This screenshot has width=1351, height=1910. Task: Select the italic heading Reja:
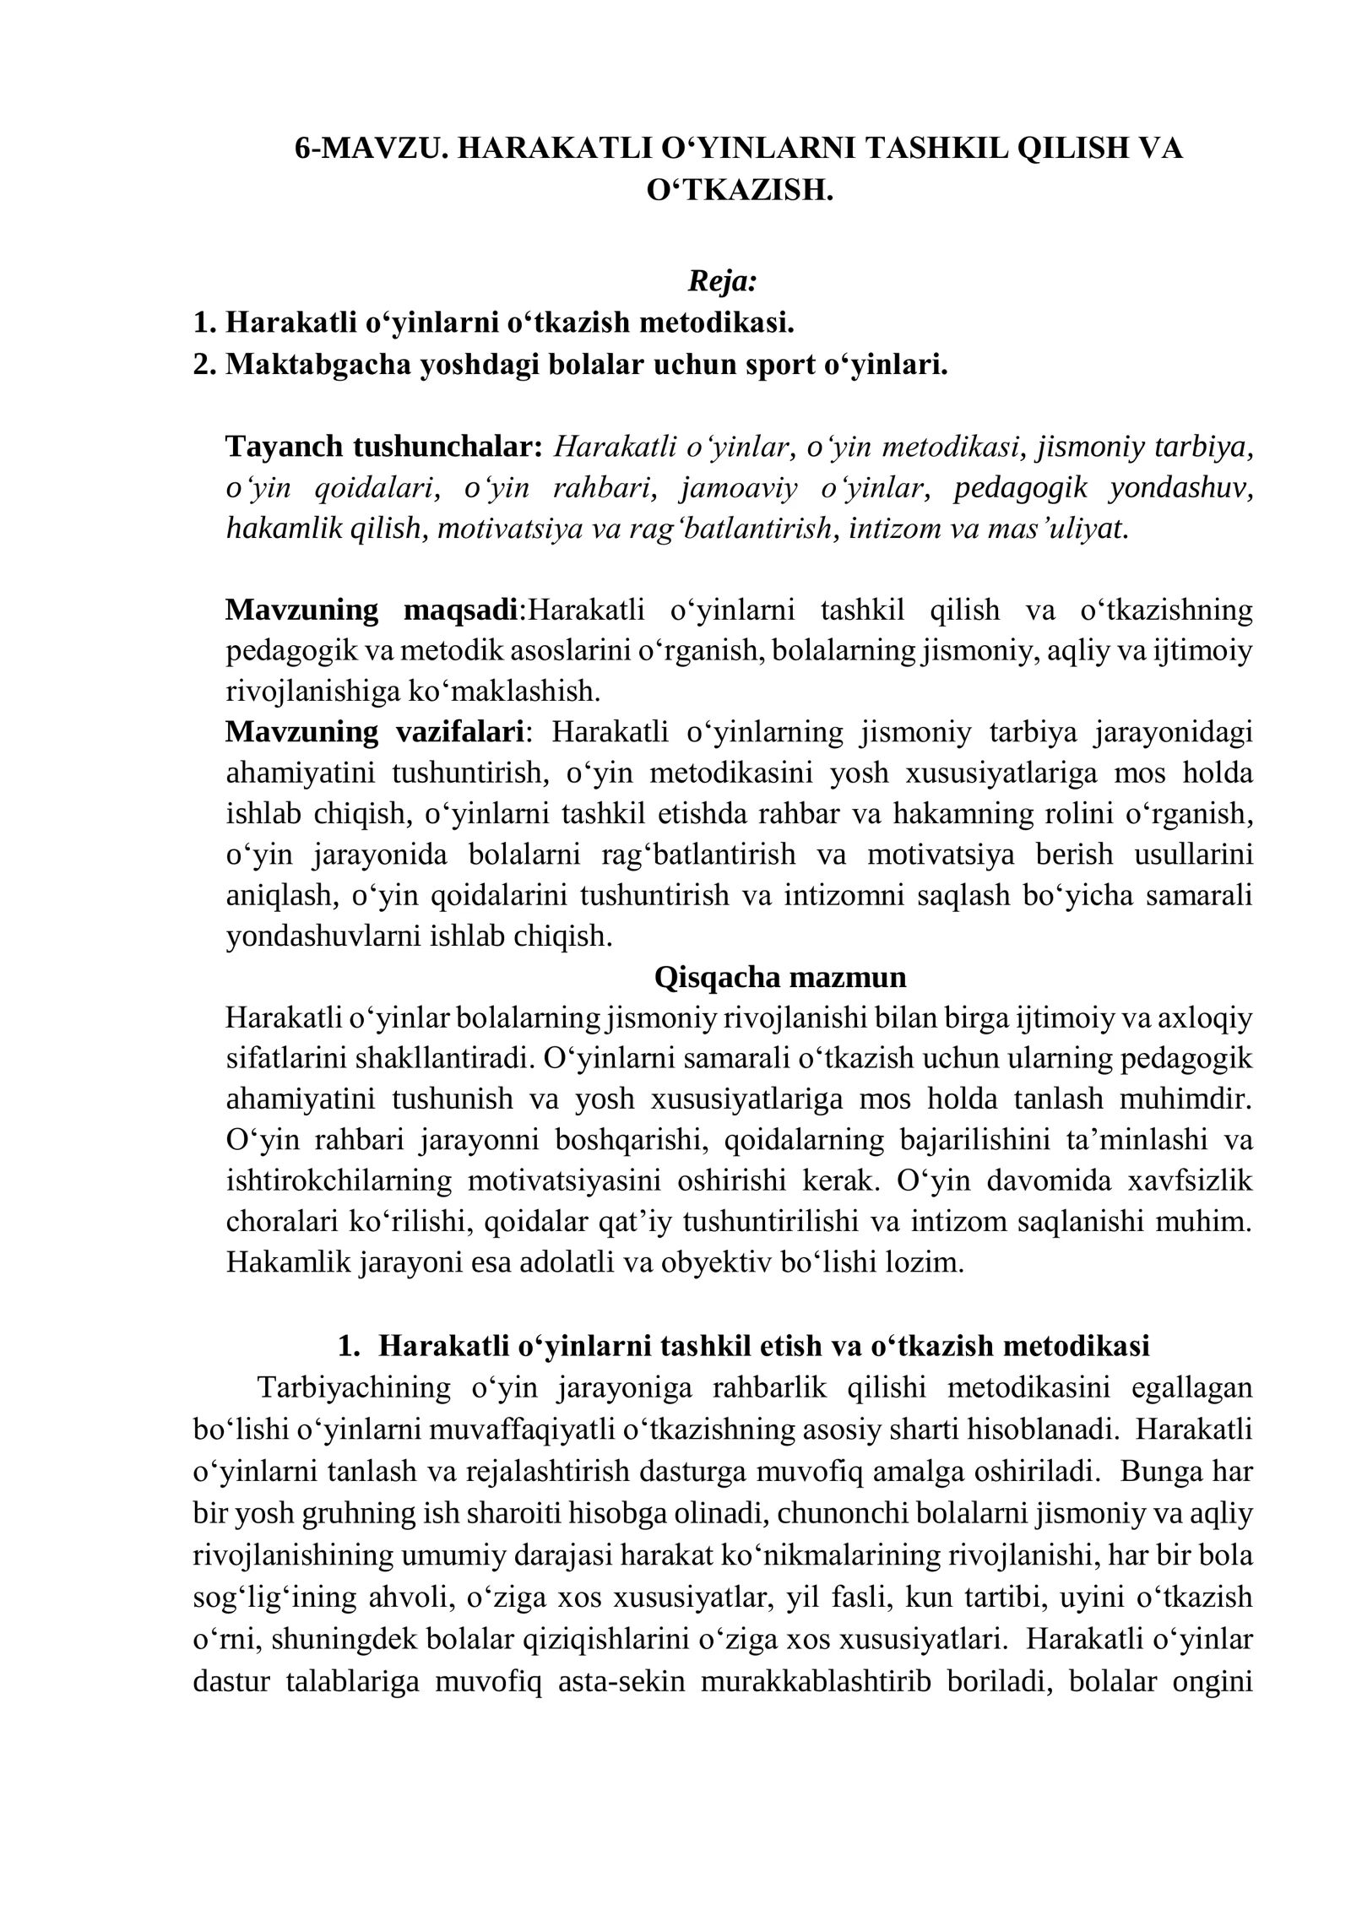tap(722, 280)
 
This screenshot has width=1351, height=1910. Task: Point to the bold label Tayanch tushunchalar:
tap(383, 446)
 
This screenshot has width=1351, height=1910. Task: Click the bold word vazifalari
tap(461, 731)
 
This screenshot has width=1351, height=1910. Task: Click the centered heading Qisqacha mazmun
tap(780, 977)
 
